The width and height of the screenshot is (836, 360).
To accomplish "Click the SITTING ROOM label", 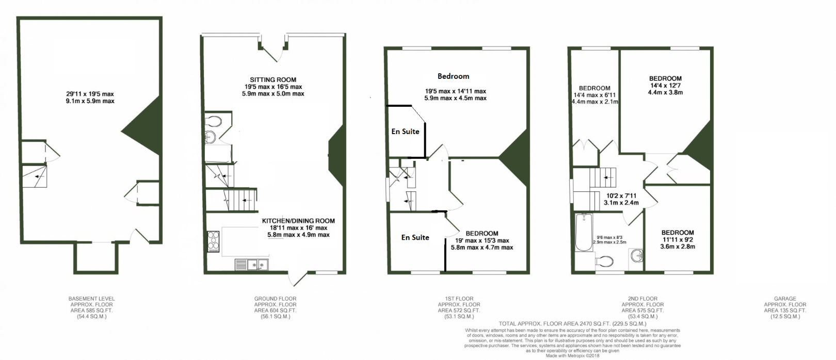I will point(273,80).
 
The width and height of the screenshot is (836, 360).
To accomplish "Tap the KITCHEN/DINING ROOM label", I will point(298,221).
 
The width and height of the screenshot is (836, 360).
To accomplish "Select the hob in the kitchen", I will point(213,241).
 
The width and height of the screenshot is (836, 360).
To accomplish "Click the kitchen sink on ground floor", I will point(252,265).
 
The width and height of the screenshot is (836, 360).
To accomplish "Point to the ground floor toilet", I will point(213,121).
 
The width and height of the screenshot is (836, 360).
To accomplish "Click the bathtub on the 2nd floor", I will point(584,233).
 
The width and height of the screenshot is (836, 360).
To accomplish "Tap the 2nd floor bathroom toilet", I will point(604,261).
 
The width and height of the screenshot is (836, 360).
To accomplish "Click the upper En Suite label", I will point(405,132).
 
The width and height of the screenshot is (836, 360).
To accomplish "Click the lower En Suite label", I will point(415,237).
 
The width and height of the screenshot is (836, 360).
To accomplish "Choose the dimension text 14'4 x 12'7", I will point(665,86).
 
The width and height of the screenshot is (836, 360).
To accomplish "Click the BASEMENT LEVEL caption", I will point(91,299).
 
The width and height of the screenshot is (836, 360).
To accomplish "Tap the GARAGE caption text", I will point(785,299).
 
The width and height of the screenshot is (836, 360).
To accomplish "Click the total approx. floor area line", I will point(572,324).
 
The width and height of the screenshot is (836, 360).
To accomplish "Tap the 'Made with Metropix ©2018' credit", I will point(572,355).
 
